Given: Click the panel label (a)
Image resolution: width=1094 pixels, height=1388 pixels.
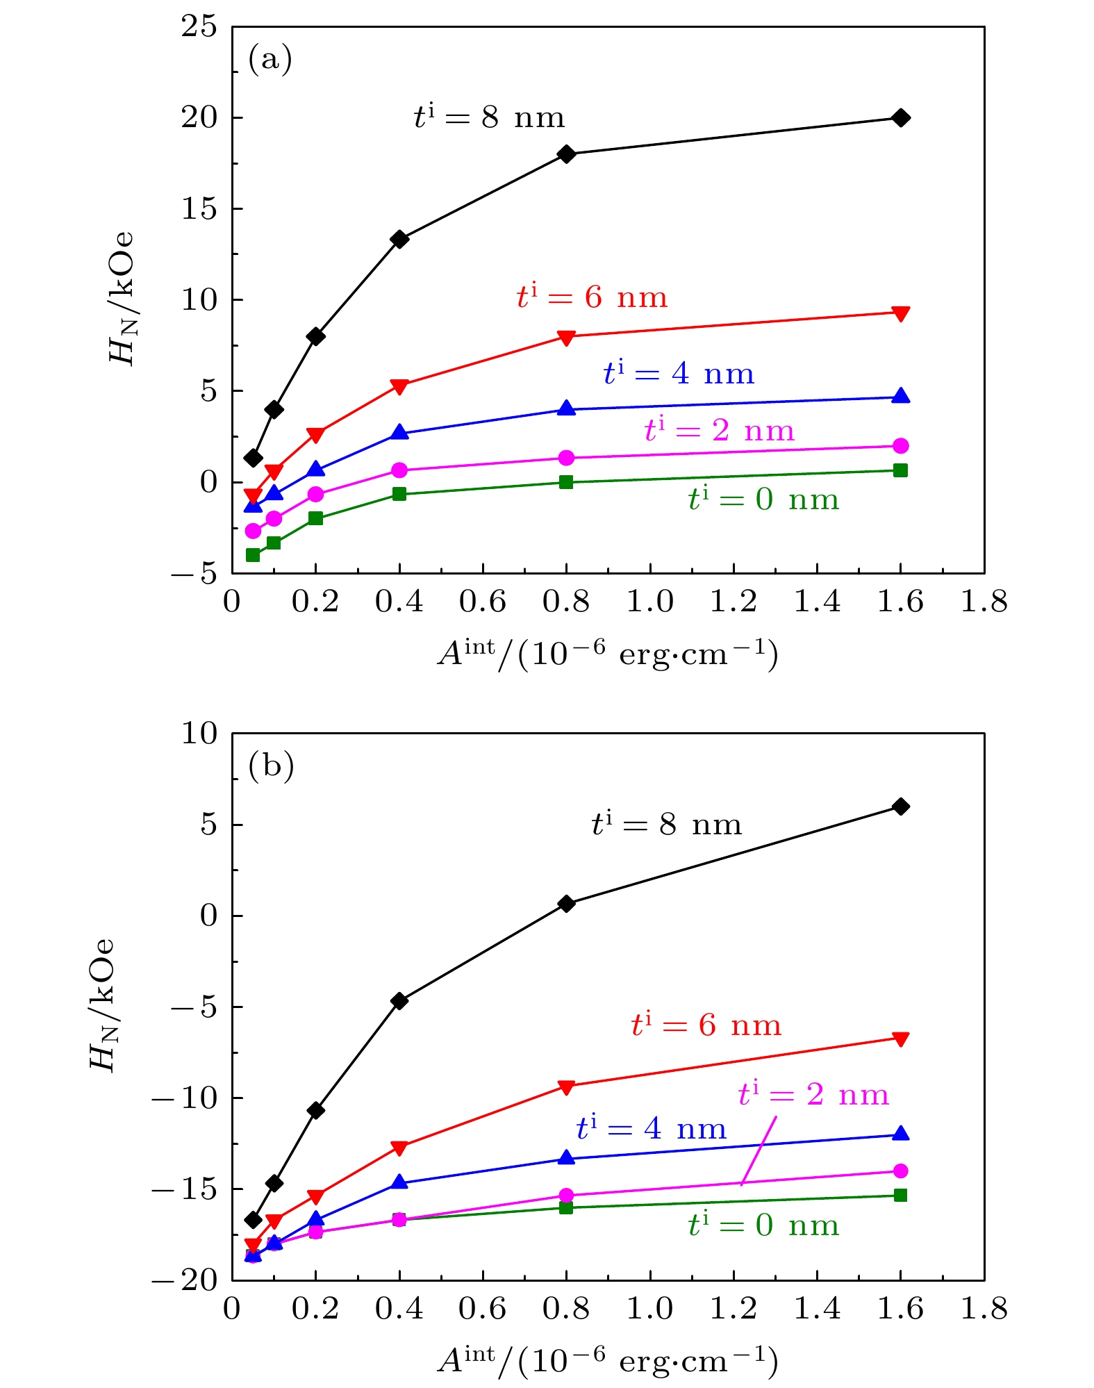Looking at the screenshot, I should (270, 60).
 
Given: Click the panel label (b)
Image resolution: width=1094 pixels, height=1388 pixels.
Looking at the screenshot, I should (271, 766).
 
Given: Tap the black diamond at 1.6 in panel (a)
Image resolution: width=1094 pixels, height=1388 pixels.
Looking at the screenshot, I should (900, 118).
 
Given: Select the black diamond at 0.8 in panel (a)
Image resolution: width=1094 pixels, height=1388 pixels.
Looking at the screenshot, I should (566, 154).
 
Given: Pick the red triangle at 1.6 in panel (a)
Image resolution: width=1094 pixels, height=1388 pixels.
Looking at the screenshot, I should (900, 313).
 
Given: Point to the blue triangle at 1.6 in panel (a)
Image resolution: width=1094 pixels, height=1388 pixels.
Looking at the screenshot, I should (900, 397).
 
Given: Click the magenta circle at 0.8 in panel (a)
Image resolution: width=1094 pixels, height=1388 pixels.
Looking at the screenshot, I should (566, 458).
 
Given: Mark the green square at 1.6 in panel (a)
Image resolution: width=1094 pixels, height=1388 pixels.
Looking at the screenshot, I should (900, 470).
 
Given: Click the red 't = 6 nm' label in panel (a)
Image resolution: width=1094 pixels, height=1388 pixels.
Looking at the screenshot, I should (592, 297).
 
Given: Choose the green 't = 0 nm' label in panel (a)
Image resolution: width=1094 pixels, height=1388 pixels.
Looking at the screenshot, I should (763, 499).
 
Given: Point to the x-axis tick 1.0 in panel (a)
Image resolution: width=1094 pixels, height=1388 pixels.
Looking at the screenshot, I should (649, 602).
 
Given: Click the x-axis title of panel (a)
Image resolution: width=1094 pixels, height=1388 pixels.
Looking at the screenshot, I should (608, 654).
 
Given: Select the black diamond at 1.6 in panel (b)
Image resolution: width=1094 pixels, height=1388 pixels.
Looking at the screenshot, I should (900, 807).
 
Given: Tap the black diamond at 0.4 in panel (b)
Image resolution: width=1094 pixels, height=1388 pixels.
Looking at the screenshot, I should (399, 1001).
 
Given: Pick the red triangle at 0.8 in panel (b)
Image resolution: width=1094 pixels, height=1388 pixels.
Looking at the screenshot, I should (566, 1087).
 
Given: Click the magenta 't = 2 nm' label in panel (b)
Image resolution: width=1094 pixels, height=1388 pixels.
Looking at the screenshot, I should (813, 1095).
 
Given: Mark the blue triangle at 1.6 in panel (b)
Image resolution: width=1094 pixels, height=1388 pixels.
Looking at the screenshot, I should (900, 1134).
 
